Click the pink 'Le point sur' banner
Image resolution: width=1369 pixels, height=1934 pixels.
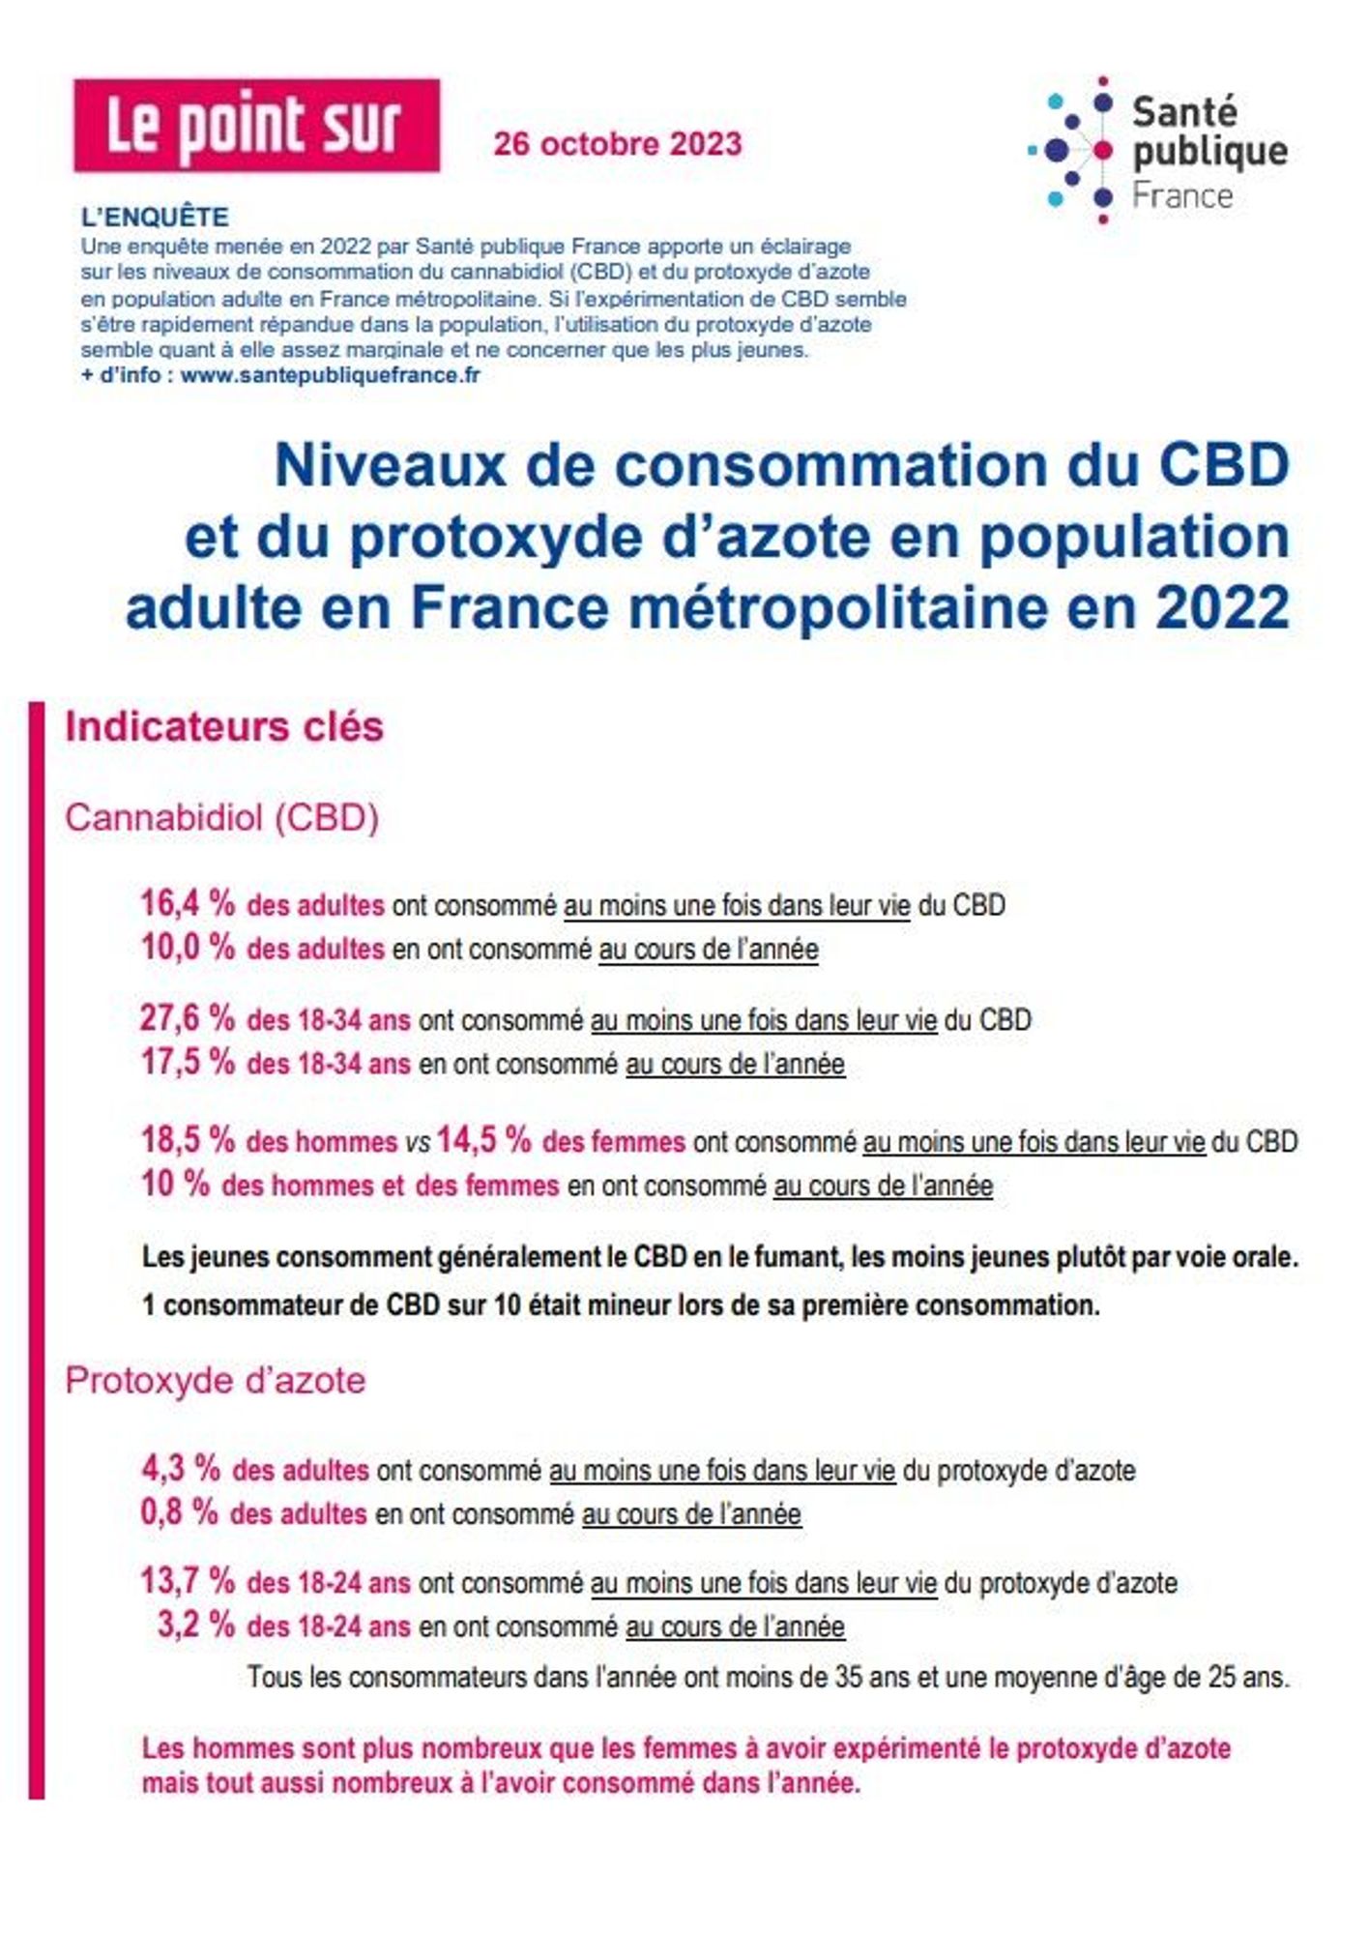[x=256, y=126]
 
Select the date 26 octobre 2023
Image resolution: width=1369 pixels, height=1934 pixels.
[x=618, y=144]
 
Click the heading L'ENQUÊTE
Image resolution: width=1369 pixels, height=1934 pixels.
[x=155, y=217]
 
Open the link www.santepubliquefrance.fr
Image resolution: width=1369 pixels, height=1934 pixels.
[x=330, y=375]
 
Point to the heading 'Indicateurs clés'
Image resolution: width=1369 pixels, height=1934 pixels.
[x=224, y=726]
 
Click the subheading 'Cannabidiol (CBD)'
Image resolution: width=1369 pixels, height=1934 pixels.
[x=221, y=818]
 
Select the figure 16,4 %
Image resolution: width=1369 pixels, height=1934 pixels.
[x=188, y=904]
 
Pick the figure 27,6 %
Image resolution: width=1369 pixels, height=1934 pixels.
[x=188, y=1018]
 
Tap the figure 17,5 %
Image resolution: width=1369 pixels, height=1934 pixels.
[x=188, y=1062]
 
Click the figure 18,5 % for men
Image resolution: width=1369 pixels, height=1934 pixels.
[x=188, y=1140]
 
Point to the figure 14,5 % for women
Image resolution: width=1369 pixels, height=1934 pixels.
[x=483, y=1140]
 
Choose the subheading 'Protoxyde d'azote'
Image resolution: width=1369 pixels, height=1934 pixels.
[x=215, y=1380]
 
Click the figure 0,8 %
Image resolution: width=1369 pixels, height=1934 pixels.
[x=180, y=1512]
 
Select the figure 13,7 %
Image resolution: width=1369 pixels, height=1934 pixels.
[x=188, y=1582]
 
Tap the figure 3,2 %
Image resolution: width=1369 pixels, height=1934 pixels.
[x=196, y=1626]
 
